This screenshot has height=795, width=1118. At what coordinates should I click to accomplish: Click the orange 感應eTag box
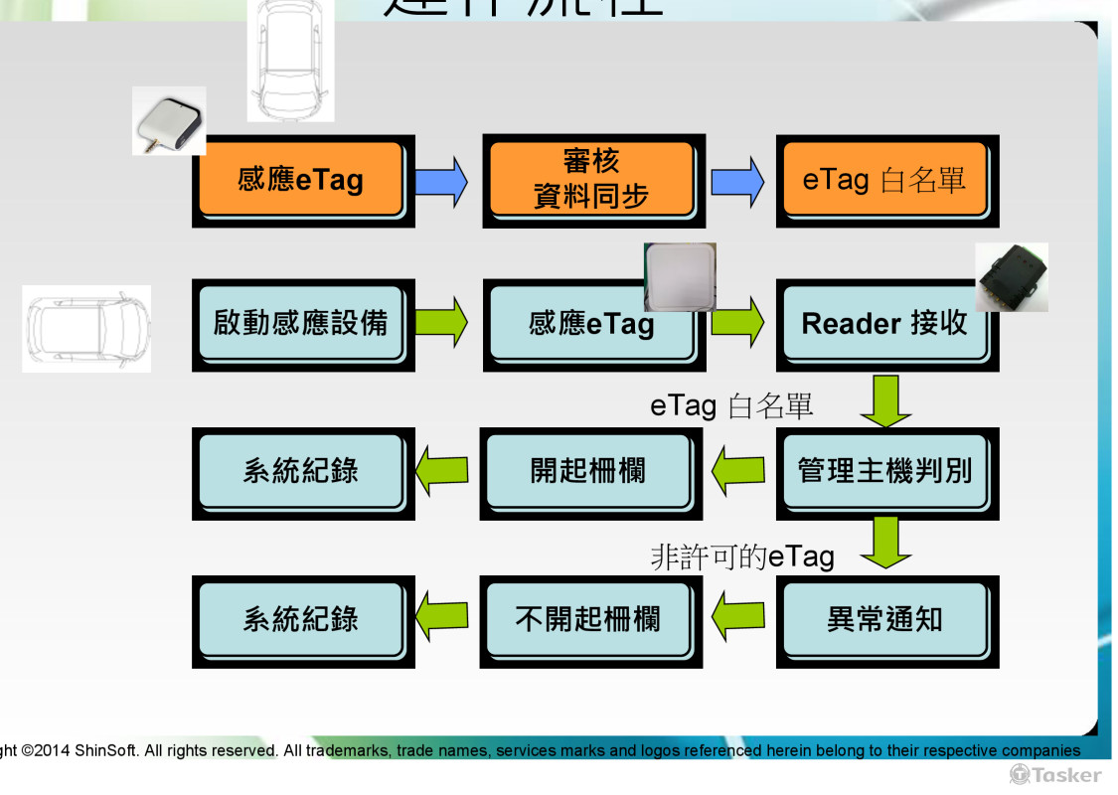[x=301, y=180]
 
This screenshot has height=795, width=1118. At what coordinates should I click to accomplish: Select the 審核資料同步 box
[x=590, y=180]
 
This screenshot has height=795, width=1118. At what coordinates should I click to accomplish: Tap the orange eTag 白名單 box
[x=884, y=180]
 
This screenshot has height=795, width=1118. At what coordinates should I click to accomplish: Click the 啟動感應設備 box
[x=301, y=324]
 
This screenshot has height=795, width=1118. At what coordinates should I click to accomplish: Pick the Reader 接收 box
[x=884, y=324]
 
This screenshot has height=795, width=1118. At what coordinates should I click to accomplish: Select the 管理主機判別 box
[x=884, y=471]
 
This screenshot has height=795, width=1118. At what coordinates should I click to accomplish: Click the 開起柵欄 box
[x=588, y=471]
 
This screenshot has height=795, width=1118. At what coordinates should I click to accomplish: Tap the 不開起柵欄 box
[x=588, y=620]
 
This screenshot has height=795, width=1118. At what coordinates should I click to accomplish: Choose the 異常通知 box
[x=884, y=620]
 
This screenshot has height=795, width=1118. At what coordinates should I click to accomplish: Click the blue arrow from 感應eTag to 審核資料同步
[x=440, y=181]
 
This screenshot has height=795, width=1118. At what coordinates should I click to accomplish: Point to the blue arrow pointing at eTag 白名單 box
[x=737, y=181]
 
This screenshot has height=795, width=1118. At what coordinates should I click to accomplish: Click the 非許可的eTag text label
[x=741, y=556]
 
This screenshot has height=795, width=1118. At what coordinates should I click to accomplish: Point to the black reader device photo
[x=1011, y=277]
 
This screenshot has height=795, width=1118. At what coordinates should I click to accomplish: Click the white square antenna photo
[x=680, y=277]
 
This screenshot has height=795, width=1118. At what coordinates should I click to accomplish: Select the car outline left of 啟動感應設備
[x=86, y=328]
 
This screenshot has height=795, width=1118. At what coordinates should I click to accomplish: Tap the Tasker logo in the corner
[x=1055, y=774]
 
